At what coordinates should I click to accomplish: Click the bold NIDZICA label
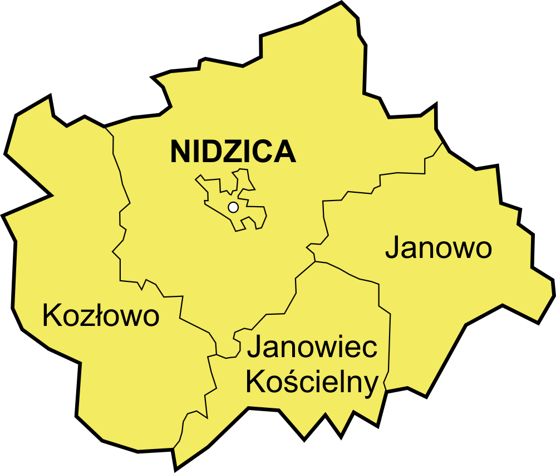pos(233,152)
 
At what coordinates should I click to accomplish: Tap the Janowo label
pos(439,248)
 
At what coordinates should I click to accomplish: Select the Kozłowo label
pos(101,316)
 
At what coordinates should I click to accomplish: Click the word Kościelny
pos(312,383)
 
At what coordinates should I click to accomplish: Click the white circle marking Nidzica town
pos(233,207)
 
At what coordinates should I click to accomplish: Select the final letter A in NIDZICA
pos(284,152)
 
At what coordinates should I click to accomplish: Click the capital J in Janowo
pos(392,248)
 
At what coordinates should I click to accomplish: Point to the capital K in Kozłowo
pos(52,316)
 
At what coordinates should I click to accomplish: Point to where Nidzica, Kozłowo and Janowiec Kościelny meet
pos(216,354)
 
